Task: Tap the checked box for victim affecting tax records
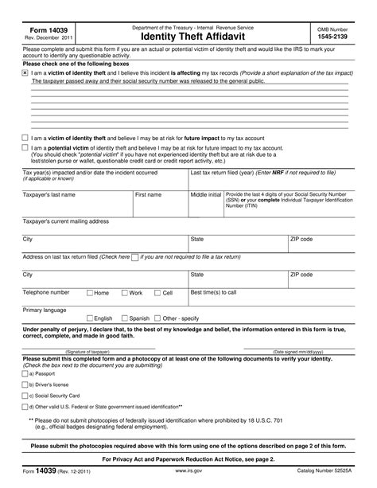(x=25, y=72)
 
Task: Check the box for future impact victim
(x=25, y=139)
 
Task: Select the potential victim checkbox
(x=25, y=148)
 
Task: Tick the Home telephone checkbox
(x=89, y=293)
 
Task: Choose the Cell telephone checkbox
(x=157, y=293)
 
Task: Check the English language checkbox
(x=89, y=318)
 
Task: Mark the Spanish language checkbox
(x=123, y=318)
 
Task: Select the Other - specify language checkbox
(x=157, y=318)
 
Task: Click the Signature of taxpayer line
(x=88, y=346)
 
